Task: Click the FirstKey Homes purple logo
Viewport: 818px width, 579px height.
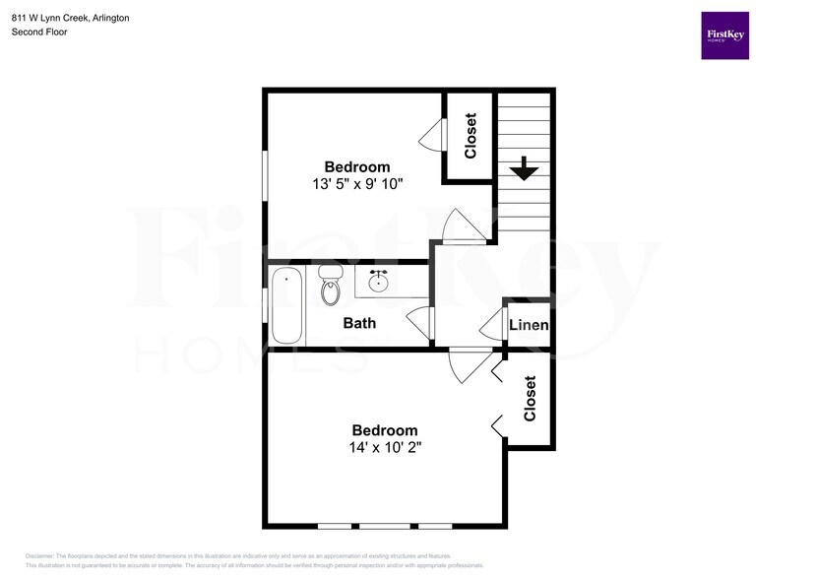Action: coord(724,35)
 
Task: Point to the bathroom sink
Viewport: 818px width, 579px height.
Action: coord(378,283)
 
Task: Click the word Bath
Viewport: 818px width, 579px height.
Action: coord(359,323)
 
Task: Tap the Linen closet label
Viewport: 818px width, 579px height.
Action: coord(528,325)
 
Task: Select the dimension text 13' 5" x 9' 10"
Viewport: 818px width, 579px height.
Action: coord(357,184)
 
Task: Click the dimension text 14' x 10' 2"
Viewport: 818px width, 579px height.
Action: coord(385,447)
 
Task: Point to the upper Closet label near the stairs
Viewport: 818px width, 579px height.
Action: coord(471,136)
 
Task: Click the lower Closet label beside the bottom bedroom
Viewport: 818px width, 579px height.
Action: coord(530,398)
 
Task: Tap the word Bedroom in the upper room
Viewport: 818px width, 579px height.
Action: coord(357,167)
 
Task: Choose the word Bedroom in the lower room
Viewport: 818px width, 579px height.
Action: coord(385,430)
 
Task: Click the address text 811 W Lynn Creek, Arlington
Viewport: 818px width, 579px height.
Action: coord(70,18)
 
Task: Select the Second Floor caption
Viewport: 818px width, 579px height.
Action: coord(39,32)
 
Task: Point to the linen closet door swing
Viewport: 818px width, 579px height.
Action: coord(492,323)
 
